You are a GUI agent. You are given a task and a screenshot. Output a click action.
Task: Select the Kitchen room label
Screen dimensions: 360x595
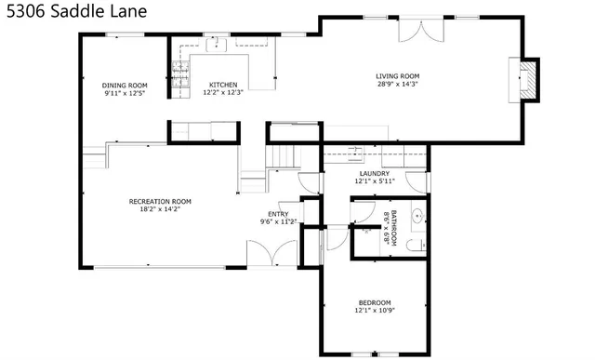click(222, 85)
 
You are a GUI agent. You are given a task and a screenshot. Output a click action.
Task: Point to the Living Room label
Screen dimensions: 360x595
click(398, 76)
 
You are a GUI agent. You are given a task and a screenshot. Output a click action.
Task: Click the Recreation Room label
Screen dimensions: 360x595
click(160, 201)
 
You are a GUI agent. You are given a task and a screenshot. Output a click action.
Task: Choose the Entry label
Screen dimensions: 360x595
click(279, 214)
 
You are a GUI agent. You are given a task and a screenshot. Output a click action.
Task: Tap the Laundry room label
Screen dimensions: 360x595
click(374, 173)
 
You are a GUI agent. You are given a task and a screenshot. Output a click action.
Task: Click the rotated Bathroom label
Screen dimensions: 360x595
click(393, 227)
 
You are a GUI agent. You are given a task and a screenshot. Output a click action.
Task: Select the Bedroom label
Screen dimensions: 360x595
click(375, 302)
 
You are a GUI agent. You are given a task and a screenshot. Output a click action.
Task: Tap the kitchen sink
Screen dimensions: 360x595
click(220, 44)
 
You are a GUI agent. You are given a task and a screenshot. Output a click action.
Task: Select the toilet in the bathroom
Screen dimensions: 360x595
click(417, 244)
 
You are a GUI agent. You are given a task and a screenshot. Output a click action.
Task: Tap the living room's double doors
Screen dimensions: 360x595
click(417, 31)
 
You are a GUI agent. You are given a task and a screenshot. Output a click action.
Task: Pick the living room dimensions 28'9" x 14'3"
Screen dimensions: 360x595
click(398, 85)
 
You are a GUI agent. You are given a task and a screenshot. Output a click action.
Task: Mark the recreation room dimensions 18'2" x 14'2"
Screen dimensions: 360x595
click(160, 209)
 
